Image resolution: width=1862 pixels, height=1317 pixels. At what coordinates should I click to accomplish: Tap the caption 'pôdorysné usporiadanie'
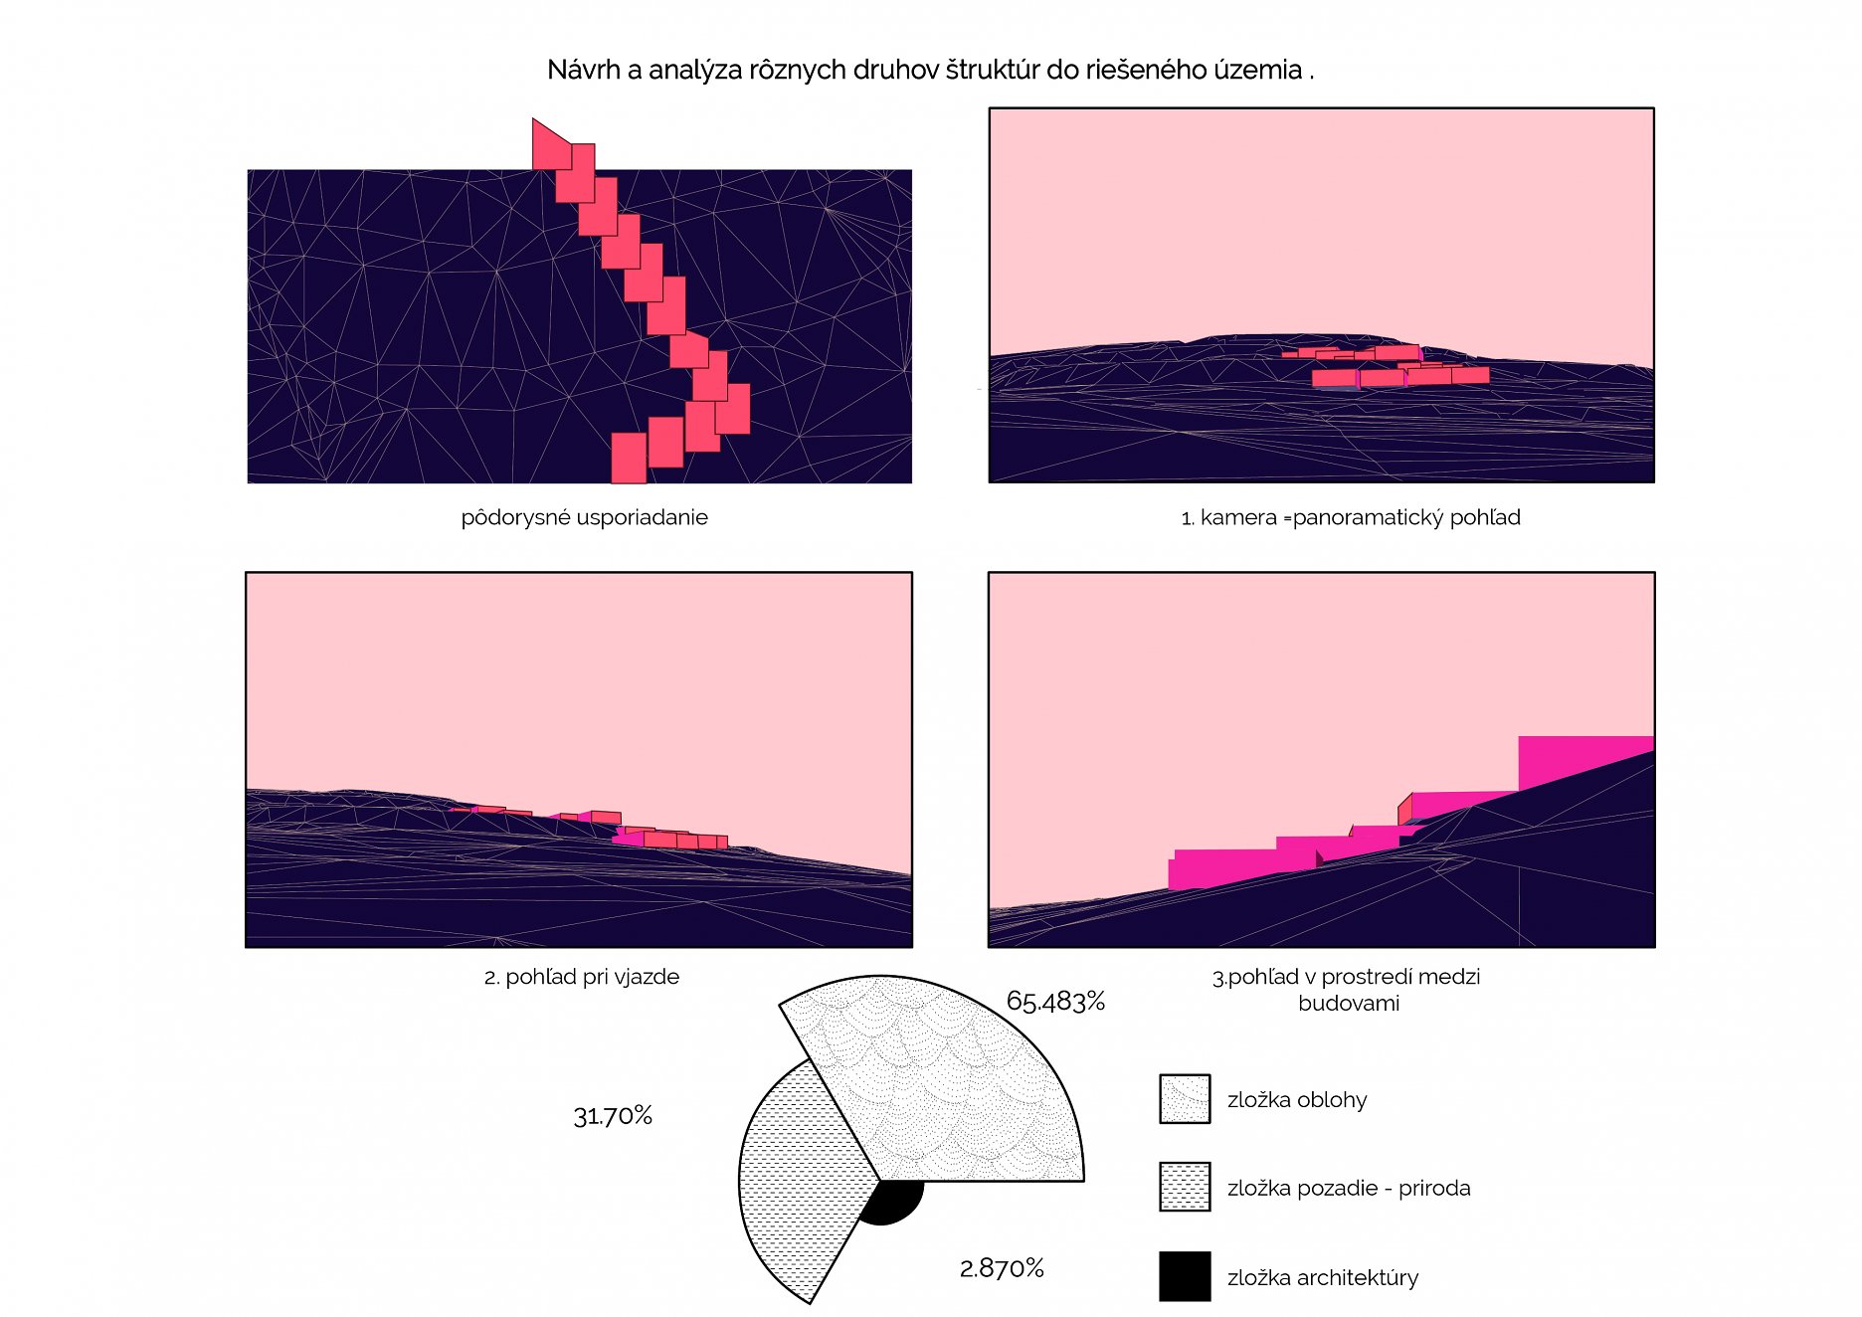(x=585, y=517)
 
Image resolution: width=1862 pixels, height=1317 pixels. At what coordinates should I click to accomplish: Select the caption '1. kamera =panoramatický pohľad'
(x=1351, y=517)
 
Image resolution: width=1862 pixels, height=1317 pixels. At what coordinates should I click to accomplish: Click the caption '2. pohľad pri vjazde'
(x=582, y=977)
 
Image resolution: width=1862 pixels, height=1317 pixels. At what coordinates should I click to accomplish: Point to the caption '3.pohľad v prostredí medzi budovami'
(x=1347, y=990)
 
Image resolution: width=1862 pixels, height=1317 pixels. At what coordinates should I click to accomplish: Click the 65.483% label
(x=1055, y=1001)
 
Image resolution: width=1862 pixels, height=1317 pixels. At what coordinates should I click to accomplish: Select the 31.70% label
(x=613, y=1116)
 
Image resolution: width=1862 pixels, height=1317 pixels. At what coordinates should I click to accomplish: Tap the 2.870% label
(x=1002, y=1268)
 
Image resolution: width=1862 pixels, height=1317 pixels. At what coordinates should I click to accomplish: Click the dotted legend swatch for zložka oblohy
(x=1185, y=1099)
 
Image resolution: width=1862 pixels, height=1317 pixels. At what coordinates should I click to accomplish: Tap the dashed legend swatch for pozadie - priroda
(x=1185, y=1187)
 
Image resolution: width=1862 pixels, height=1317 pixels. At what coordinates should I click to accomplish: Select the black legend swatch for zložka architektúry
(x=1185, y=1276)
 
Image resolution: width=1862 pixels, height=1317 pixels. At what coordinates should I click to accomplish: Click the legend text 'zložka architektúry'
(x=1323, y=1278)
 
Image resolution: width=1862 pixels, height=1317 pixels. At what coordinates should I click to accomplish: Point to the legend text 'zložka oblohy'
(x=1297, y=1100)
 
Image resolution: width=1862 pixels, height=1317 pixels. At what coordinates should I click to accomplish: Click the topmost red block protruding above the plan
(x=551, y=144)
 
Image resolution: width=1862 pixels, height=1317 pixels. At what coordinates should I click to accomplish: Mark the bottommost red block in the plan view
(x=629, y=459)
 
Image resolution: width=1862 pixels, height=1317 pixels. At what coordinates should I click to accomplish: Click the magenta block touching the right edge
(x=1585, y=762)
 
